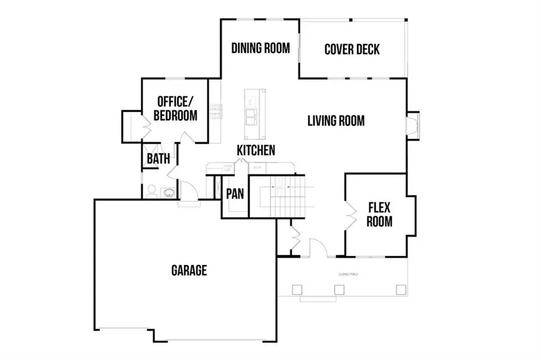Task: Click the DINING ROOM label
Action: coord(261,48)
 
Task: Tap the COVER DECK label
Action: coord(352,49)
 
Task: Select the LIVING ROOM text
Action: coord(335,121)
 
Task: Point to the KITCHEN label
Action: coord(256,150)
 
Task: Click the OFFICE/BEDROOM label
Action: coord(175,108)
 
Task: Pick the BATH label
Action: coord(158,159)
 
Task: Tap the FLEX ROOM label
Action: coord(379,215)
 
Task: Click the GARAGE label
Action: coord(189,270)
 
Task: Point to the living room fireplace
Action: coord(414,126)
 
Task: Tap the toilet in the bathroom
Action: coord(151,192)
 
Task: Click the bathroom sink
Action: coord(168,192)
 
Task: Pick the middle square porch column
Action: coord(339,290)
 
